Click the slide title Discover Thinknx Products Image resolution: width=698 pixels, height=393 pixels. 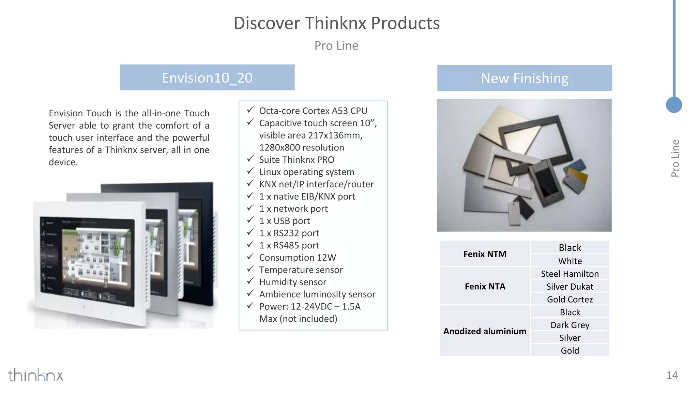(x=336, y=23)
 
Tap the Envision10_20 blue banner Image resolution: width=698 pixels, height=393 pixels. (x=207, y=78)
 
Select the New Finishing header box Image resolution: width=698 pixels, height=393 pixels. (x=524, y=78)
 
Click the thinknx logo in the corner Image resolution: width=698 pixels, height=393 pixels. (x=36, y=375)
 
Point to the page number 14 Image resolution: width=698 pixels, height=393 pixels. (x=672, y=375)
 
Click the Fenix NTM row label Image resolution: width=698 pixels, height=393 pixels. (x=485, y=254)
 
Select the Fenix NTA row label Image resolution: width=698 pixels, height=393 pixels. (x=485, y=286)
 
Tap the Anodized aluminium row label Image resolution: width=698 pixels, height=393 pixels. (x=485, y=331)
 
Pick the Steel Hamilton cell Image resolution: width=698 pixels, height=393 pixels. (x=570, y=274)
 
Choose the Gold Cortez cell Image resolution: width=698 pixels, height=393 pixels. (x=570, y=299)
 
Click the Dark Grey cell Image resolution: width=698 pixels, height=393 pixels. (x=570, y=325)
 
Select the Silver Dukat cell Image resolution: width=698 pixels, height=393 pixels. (x=570, y=287)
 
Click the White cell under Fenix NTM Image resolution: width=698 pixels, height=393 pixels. (x=570, y=261)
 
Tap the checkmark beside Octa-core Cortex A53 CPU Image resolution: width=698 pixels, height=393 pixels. (x=250, y=110)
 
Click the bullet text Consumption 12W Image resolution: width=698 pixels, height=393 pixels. (x=297, y=258)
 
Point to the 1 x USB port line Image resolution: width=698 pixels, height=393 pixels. (x=284, y=221)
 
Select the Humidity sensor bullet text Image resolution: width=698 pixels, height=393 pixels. (x=292, y=282)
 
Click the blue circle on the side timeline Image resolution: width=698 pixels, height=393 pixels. (x=674, y=105)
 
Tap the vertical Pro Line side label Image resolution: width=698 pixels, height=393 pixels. (x=675, y=158)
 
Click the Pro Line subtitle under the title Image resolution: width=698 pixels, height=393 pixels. (x=336, y=46)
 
